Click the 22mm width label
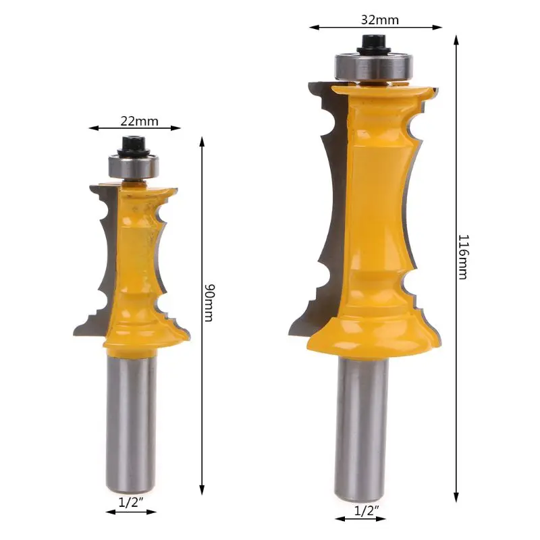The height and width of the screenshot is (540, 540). click(139, 121)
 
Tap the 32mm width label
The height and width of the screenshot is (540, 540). click(380, 20)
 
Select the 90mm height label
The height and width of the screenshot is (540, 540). click(209, 302)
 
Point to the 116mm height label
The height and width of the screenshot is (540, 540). click(464, 257)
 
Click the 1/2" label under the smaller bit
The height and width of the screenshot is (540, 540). click(131, 503)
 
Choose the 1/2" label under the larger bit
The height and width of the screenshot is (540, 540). click(367, 510)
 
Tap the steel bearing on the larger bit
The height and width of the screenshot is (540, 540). click(375, 66)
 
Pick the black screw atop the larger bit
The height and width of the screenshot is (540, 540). click(374, 45)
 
